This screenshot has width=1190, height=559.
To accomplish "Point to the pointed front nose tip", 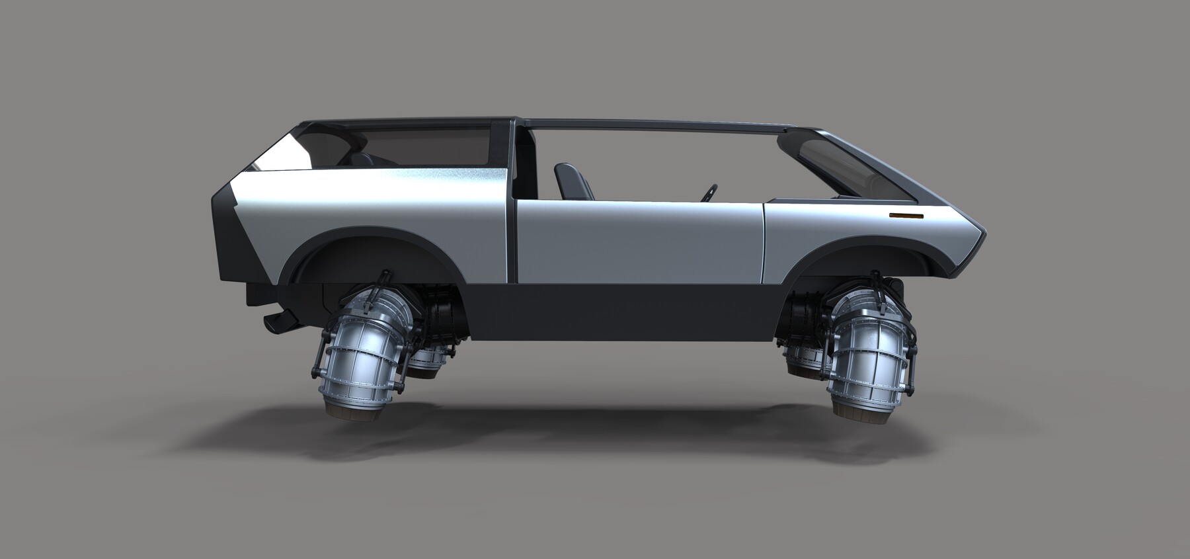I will tap(986, 232).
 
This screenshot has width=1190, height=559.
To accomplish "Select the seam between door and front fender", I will tap(764, 241).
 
